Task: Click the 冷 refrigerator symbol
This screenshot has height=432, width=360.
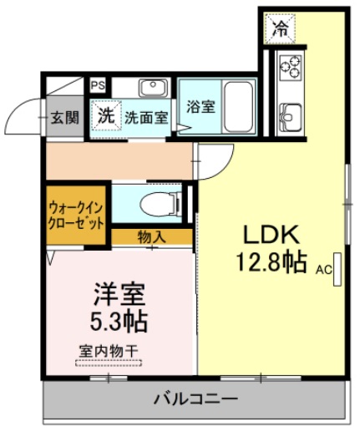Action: (281, 29)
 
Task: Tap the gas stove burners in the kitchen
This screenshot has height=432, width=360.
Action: (292, 66)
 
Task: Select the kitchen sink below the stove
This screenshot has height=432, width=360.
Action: (292, 112)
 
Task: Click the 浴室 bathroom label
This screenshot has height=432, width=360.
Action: (200, 107)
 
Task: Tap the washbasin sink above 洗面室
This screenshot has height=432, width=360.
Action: (153, 87)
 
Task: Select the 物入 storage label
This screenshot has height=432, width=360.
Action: (150, 237)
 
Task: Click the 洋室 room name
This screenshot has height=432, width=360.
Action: (119, 294)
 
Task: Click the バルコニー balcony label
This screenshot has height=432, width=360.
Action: (195, 399)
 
